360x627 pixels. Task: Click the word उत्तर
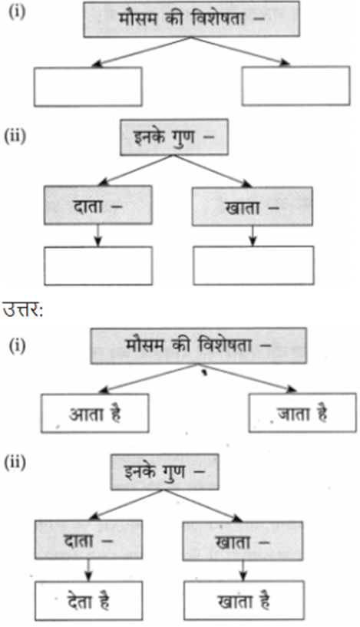click(x=23, y=309)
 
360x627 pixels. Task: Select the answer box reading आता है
click(x=95, y=413)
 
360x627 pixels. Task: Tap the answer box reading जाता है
click(x=302, y=413)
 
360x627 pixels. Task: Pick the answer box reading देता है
click(x=88, y=601)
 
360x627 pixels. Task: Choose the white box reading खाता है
click(x=243, y=601)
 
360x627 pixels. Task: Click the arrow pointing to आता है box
click(x=148, y=378)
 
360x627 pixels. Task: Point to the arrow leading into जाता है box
click(x=247, y=378)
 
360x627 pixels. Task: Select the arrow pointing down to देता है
click(x=88, y=569)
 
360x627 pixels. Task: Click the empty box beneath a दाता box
click(x=98, y=266)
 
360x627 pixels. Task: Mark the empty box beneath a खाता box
click(x=253, y=266)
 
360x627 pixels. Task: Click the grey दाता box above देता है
click(x=88, y=540)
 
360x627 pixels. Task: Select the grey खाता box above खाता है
click(x=243, y=541)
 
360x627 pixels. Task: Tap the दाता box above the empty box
click(x=98, y=205)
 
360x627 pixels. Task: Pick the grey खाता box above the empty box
click(x=253, y=206)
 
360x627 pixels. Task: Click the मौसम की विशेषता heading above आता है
click(x=198, y=346)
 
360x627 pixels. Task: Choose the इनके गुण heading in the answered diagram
click(x=165, y=472)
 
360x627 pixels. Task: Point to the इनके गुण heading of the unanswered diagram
click(x=174, y=137)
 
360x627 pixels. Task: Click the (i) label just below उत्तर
click(x=17, y=345)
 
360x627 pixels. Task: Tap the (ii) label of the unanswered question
click(x=15, y=137)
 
